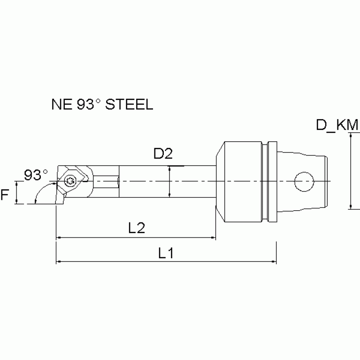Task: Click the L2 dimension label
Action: (x=136, y=228)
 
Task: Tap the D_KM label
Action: (x=337, y=125)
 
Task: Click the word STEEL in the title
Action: (x=130, y=104)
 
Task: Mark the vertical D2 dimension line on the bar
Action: (x=169, y=182)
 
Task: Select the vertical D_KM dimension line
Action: (x=350, y=171)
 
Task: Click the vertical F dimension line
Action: (x=17, y=193)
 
